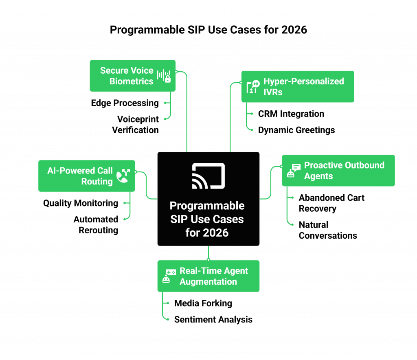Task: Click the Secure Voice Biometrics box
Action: point(133,76)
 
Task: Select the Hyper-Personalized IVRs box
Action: point(298,86)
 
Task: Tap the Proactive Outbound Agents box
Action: point(338,171)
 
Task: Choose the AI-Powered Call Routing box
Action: point(86,176)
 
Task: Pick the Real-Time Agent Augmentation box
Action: point(208,276)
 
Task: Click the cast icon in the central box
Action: point(208,176)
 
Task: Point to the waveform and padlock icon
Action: point(164,76)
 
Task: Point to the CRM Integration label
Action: point(291,114)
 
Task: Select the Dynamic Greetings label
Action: point(296,130)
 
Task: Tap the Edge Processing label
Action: point(125,103)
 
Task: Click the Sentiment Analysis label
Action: point(213,320)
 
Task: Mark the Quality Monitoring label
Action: point(81,203)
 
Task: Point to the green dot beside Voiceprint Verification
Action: point(165,119)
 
